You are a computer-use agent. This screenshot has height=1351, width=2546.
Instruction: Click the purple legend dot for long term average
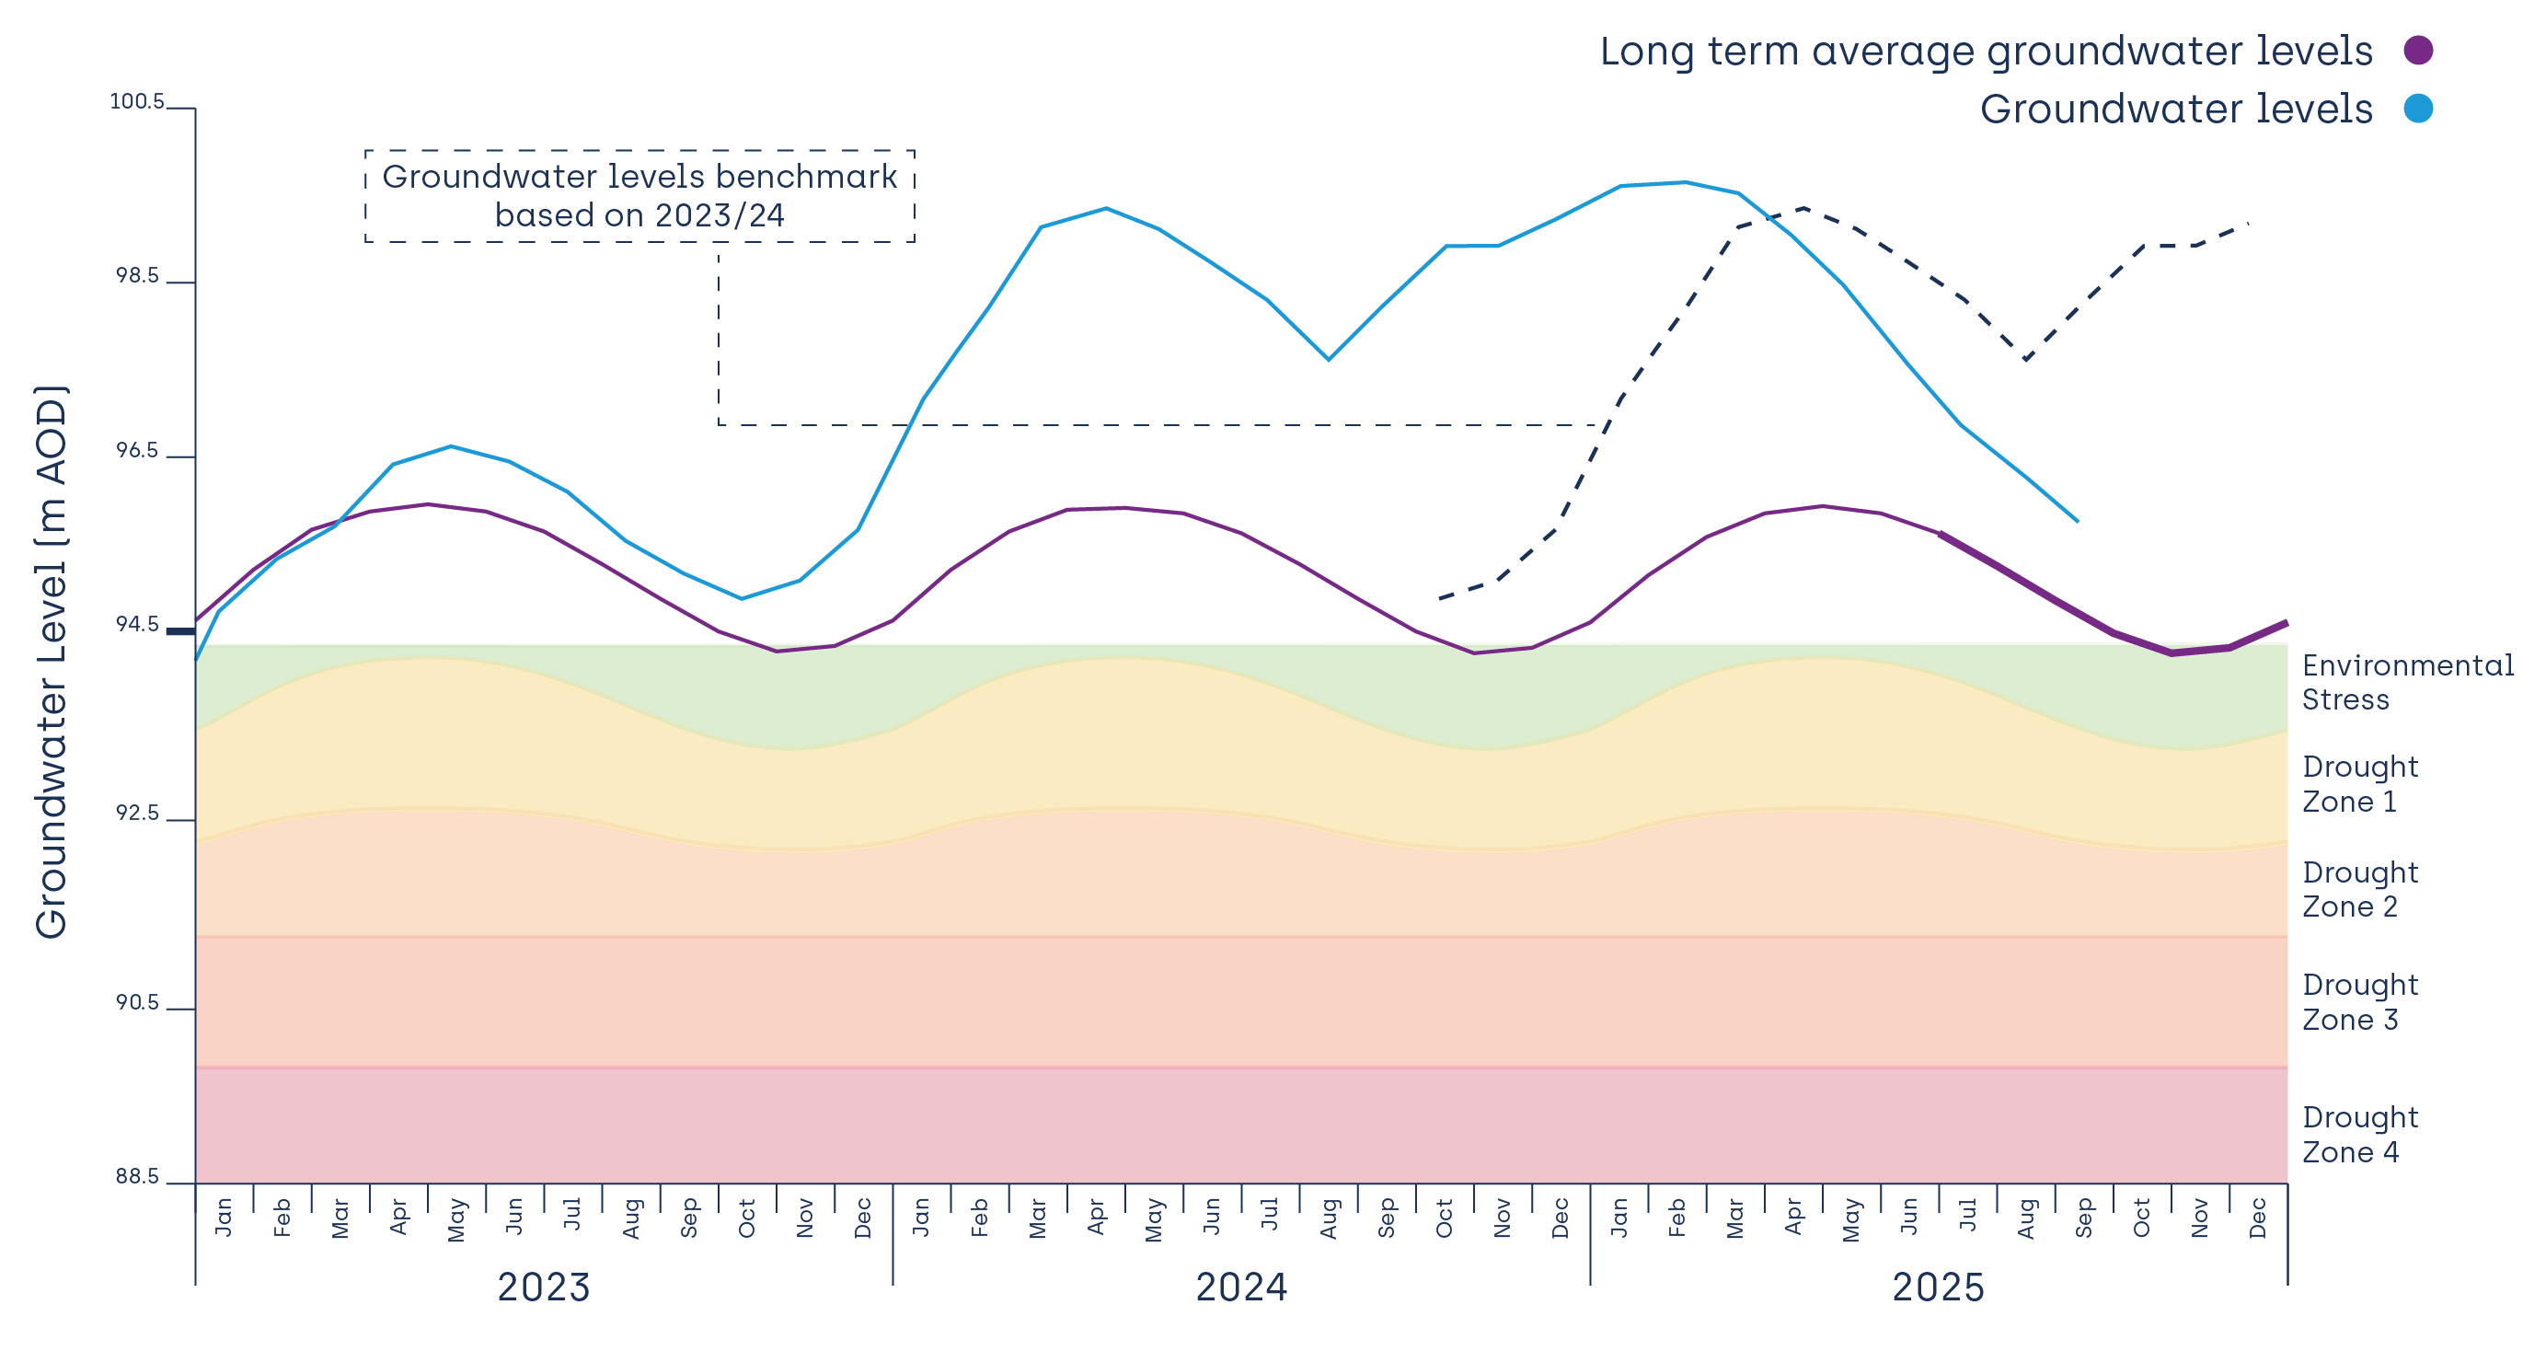point(2417,50)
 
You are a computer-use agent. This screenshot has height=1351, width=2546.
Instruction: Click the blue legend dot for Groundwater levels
point(2417,108)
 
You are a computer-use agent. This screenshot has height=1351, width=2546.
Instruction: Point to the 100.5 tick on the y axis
point(136,102)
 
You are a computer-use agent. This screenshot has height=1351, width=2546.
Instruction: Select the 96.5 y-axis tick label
point(136,451)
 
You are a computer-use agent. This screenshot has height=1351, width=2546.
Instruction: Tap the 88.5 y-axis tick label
point(136,1176)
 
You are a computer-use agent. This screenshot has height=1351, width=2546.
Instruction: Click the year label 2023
point(543,1287)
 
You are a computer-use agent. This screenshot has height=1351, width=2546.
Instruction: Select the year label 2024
point(1241,1287)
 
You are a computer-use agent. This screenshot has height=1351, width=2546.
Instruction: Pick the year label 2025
point(1937,1287)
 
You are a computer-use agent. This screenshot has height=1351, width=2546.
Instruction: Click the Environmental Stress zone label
point(2408,682)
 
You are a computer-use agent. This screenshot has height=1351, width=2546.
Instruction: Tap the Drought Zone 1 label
point(2359,784)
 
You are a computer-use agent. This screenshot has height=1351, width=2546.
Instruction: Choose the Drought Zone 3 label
point(2359,1002)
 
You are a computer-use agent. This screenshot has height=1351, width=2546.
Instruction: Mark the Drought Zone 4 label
point(2359,1135)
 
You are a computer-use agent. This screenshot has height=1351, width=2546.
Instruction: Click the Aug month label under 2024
point(1330,1218)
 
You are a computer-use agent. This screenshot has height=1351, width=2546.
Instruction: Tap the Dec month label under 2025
point(2258,1218)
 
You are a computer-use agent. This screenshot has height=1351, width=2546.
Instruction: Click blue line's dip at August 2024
point(1329,359)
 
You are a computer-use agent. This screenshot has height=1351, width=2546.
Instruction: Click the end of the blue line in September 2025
point(2078,521)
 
